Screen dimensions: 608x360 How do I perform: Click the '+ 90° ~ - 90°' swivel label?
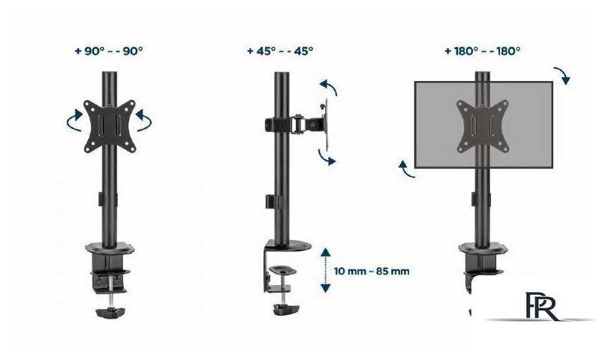click(x=109, y=51)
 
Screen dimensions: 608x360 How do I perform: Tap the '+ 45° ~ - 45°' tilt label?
click(x=280, y=51)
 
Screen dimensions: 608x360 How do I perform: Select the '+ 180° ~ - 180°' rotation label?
click(x=483, y=51)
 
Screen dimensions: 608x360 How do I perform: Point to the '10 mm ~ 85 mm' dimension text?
click(x=372, y=271)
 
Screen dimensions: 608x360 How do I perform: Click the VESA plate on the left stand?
click(x=110, y=126)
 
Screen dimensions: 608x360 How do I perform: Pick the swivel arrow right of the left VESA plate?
click(x=144, y=121)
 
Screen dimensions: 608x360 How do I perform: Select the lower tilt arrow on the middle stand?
click(x=325, y=157)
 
